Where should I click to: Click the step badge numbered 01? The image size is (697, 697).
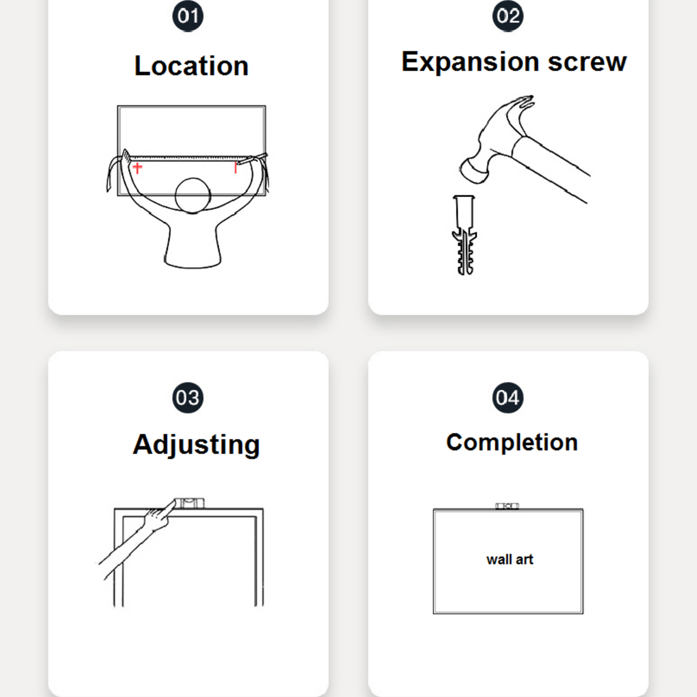coord(188,16)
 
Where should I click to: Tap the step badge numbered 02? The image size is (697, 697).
coord(508,16)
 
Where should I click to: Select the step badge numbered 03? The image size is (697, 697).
coord(188,398)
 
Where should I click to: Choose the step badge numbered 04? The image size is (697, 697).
coord(508,398)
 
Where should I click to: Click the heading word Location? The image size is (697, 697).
coord(191,66)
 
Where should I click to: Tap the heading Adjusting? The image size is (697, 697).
coord(196,445)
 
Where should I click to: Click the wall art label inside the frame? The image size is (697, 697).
coord(509,559)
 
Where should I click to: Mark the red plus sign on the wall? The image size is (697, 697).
coord(138,168)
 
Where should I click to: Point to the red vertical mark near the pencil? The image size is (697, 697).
coord(236,167)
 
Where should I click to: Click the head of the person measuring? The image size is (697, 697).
coord(193,196)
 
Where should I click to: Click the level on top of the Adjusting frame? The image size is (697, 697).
coord(189,503)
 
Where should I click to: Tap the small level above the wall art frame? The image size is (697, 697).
coord(507,506)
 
